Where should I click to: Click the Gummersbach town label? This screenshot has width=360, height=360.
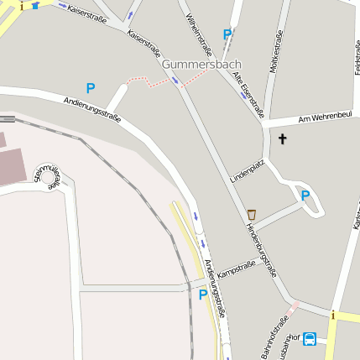201,64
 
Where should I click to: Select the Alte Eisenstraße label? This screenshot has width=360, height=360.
248,93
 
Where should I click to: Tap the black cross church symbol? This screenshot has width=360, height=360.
282,139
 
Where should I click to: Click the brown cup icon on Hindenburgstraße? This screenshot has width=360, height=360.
252,214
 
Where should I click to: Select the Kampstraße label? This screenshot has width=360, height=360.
236,270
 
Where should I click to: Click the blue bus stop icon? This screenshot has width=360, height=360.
310,339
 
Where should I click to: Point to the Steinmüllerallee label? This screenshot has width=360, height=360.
46,178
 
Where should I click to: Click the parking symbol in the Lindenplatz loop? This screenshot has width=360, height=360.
305,196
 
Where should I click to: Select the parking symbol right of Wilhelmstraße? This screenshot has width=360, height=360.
227,34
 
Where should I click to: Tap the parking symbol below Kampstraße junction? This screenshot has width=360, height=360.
202,295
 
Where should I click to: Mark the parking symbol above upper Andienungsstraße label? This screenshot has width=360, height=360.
91,87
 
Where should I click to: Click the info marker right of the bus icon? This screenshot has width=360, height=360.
333,316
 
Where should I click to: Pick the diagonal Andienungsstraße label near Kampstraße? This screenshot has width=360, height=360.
216,287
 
